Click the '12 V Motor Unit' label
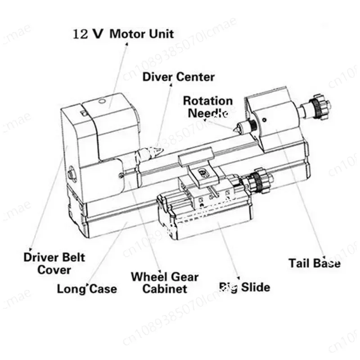[x=123, y=33]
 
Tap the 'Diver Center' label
[x=179, y=76]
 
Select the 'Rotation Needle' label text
[x=207, y=107]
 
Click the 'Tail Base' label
[x=314, y=263]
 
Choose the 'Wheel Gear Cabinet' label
[x=164, y=283]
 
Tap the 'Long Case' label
[x=87, y=288]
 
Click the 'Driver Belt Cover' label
[x=54, y=264]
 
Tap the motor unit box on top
[x=112, y=119]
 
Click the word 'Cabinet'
[x=165, y=288]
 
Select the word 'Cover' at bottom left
[x=54, y=270]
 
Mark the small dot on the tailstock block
[x=265, y=119]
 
